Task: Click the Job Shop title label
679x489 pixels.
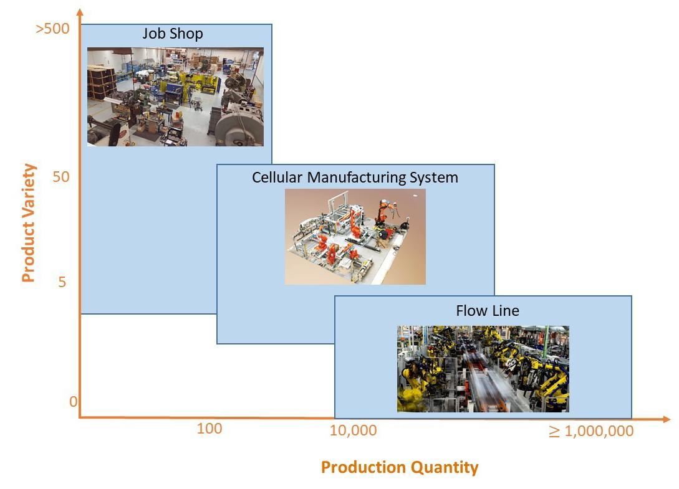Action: coord(173,34)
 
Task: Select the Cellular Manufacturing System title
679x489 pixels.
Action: coord(355,178)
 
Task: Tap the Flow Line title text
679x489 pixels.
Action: coord(488,310)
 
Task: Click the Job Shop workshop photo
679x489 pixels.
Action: coord(175,97)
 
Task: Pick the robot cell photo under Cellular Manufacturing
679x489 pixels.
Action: coord(355,237)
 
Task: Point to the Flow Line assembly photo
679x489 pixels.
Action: coord(483,369)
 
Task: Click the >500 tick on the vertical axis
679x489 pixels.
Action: coord(53,29)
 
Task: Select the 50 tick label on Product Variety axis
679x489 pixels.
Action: coord(61,177)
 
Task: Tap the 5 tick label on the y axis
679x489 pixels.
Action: coord(62,282)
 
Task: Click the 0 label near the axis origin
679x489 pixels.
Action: coord(73,402)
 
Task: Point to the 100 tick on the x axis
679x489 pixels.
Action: coord(209,429)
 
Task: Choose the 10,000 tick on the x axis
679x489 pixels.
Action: coord(353,430)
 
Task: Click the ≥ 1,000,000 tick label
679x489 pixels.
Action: coord(590,431)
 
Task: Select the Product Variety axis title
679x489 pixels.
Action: coord(29,222)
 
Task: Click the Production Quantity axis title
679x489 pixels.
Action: coord(400,467)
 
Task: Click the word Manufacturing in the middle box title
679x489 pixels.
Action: coord(355,178)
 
